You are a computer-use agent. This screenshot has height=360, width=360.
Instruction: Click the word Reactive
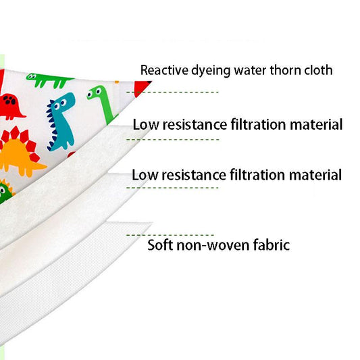(x=164, y=70)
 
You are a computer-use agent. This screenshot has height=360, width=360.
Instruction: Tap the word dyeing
(x=211, y=71)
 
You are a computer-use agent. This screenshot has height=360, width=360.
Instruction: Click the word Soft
(x=160, y=245)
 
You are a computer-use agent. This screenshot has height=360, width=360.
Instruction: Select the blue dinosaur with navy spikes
(x=61, y=122)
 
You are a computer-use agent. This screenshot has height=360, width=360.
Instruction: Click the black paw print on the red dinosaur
(x=9, y=100)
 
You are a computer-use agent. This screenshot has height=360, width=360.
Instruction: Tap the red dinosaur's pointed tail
(x=22, y=114)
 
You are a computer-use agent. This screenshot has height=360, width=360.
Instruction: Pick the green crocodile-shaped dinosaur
(x=49, y=80)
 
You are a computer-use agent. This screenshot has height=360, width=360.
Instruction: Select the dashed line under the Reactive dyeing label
(x=172, y=92)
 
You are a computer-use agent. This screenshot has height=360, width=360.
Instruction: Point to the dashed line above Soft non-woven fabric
(x=170, y=235)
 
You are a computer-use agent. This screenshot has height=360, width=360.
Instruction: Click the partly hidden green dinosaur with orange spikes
(x=5, y=191)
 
